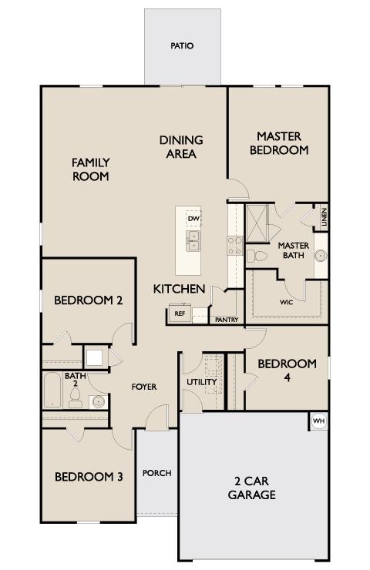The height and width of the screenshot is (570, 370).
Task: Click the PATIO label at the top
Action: [182, 46]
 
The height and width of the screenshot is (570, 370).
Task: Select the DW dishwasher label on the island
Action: [193, 219]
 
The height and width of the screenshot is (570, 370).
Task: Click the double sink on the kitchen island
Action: [193, 241]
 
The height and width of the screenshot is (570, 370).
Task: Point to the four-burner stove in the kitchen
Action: [234, 245]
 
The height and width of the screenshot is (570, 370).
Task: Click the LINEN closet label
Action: [325, 218]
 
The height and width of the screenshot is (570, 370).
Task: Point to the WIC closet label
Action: [286, 303]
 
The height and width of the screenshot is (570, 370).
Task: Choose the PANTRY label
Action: [226, 320]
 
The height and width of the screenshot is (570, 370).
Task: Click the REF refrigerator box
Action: [180, 313]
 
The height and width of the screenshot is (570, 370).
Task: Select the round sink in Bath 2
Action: [97, 401]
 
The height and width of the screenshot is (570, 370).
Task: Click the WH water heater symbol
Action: [318, 421]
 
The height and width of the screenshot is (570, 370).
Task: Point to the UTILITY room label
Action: [202, 382]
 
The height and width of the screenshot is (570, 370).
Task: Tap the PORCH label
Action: [157, 473]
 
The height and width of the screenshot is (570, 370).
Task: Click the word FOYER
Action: [144, 386]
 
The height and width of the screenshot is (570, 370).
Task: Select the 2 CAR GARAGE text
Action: [251, 488]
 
